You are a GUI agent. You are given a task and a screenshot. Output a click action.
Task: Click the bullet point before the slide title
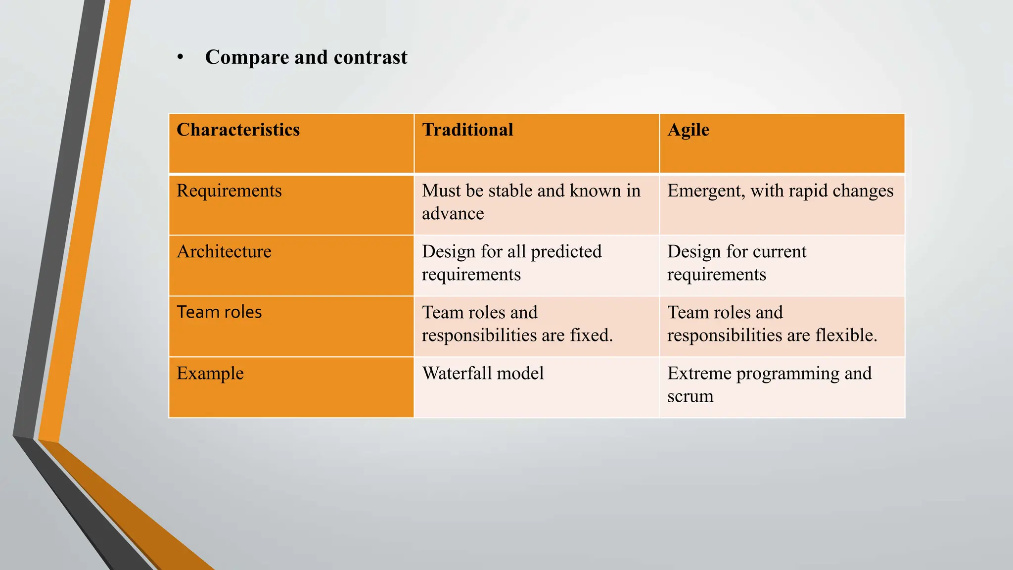pos(181,58)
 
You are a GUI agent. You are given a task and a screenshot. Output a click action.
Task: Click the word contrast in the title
pos(370,57)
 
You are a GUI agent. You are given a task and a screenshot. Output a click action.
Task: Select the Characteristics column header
pos(238,130)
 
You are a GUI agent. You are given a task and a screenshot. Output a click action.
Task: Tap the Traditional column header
pos(467,130)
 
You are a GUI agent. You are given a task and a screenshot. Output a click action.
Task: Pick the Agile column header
pos(688,130)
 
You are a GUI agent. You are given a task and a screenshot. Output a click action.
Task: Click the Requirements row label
pos(229,191)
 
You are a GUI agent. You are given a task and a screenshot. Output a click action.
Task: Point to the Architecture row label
pos(224,252)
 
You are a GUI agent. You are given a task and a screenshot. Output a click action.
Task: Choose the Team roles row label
pos(219,312)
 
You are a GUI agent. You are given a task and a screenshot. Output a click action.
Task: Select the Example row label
pos(210,374)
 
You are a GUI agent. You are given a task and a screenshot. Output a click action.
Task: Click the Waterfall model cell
pos(483,373)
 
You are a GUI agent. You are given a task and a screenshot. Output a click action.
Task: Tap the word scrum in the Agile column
pos(690,396)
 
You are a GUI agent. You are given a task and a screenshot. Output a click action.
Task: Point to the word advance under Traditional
pos(453,214)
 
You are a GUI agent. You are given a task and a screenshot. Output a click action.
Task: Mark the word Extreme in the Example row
pos(699,374)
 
